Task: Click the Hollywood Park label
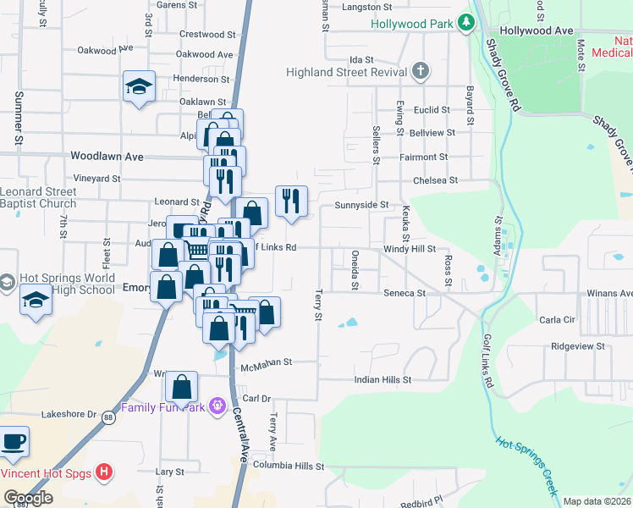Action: tap(412, 23)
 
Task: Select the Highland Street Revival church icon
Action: tap(421, 72)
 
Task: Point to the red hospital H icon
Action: tap(103, 472)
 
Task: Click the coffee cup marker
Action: tap(13, 442)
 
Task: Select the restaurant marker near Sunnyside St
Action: tap(291, 202)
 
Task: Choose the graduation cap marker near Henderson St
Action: tap(139, 86)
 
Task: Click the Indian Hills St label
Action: tap(383, 380)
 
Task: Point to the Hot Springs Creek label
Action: tap(526, 466)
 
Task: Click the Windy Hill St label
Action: tap(409, 249)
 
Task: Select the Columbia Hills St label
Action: tap(289, 467)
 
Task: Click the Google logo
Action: tap(27, 498)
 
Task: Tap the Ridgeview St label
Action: tap(578, 346)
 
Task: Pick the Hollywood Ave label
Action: tap(536, 30)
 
